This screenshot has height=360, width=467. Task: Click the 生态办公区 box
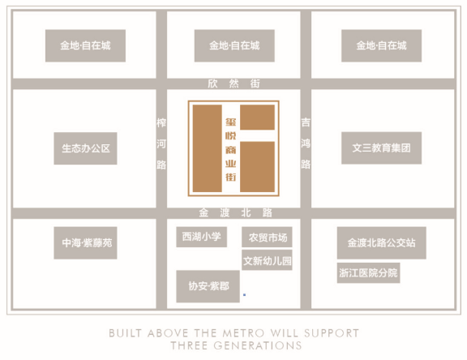(x=85, y=148)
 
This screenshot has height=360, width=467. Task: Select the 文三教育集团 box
(x=381, y=148)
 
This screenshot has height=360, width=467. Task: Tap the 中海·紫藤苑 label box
(x=85, y=242)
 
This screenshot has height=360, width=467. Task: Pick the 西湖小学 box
(x=201, y=237)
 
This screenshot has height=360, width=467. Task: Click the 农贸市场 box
(x=267, y=237)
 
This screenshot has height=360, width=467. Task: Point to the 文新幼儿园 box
(x=267, y=260)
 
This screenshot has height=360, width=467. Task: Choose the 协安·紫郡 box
(x=208, y=286)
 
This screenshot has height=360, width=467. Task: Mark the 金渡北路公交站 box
(x=382, y=242)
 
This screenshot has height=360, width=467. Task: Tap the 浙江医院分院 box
(x=368, y=272)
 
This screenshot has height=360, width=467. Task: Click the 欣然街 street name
(x=233, y=84)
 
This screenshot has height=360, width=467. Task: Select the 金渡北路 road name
(x=235, y=212)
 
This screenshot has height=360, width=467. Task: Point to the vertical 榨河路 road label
(x=161, y=144)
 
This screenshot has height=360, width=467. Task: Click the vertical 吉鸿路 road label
(x=306, y=144)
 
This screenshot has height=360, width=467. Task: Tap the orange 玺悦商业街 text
(x=231, y=149)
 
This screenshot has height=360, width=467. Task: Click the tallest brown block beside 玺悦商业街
(x=208, y=148)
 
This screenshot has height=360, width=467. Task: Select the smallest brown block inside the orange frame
(x=257, y=117)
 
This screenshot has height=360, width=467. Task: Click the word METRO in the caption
(x=243, y=333)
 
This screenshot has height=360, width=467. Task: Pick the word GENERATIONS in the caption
(x=257, y=345)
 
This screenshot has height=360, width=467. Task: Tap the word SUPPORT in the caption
(x=332, y=333)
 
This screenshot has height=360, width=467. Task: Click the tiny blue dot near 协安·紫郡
(x=245, y=295)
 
